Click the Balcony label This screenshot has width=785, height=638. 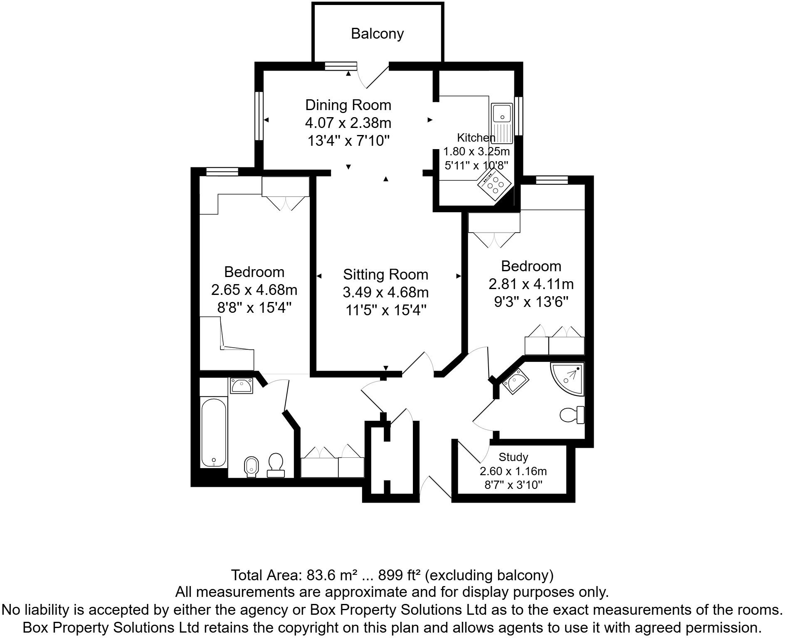coord(377,34)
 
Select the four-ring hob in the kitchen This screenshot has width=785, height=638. coord(494,184)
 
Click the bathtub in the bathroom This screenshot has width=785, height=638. coord(214,432)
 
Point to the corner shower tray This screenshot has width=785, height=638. coord(570,377)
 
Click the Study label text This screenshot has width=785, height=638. coord(513,457)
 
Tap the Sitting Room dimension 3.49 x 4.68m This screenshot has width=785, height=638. coord(385,292)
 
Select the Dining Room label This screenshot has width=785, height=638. coord(348,105)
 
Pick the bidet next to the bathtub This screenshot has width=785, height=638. coord(251,466)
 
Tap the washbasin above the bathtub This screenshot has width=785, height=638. coord(241,386)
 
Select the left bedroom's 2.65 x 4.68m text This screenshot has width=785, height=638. coord(254,290)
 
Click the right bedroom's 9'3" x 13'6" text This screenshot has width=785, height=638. coord(531,302)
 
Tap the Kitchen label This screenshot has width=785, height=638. coord(476,137)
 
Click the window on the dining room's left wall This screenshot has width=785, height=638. coord(259,116)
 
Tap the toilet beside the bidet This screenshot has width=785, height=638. coord(276,465)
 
